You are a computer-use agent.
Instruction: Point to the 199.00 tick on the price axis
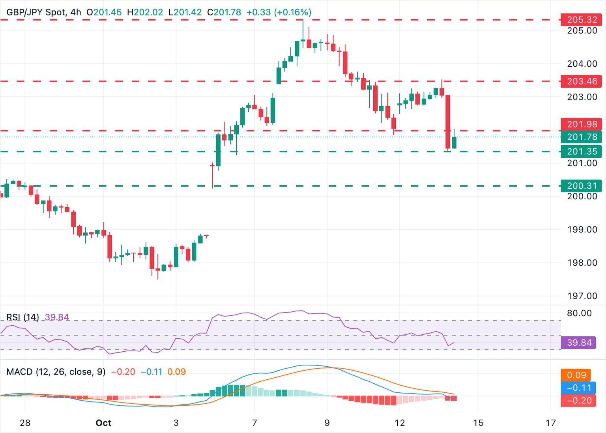[582, 230]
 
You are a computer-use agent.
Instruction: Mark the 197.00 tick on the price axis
[582, 296]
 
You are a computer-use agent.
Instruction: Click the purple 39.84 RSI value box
[579, 343]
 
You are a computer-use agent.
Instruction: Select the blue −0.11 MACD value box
[579, 388]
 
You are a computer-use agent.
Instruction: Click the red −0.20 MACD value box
[579, 401]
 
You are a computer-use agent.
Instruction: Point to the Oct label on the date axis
[103, 423]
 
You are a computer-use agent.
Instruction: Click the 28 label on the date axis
[25, 423]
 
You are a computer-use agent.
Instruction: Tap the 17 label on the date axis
[551, 423]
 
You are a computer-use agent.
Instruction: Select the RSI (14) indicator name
[22, 317]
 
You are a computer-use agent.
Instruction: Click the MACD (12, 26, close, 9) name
[56, 372]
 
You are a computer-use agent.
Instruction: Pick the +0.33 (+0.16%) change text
[279, 12]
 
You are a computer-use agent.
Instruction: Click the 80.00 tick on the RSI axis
[579, 313]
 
